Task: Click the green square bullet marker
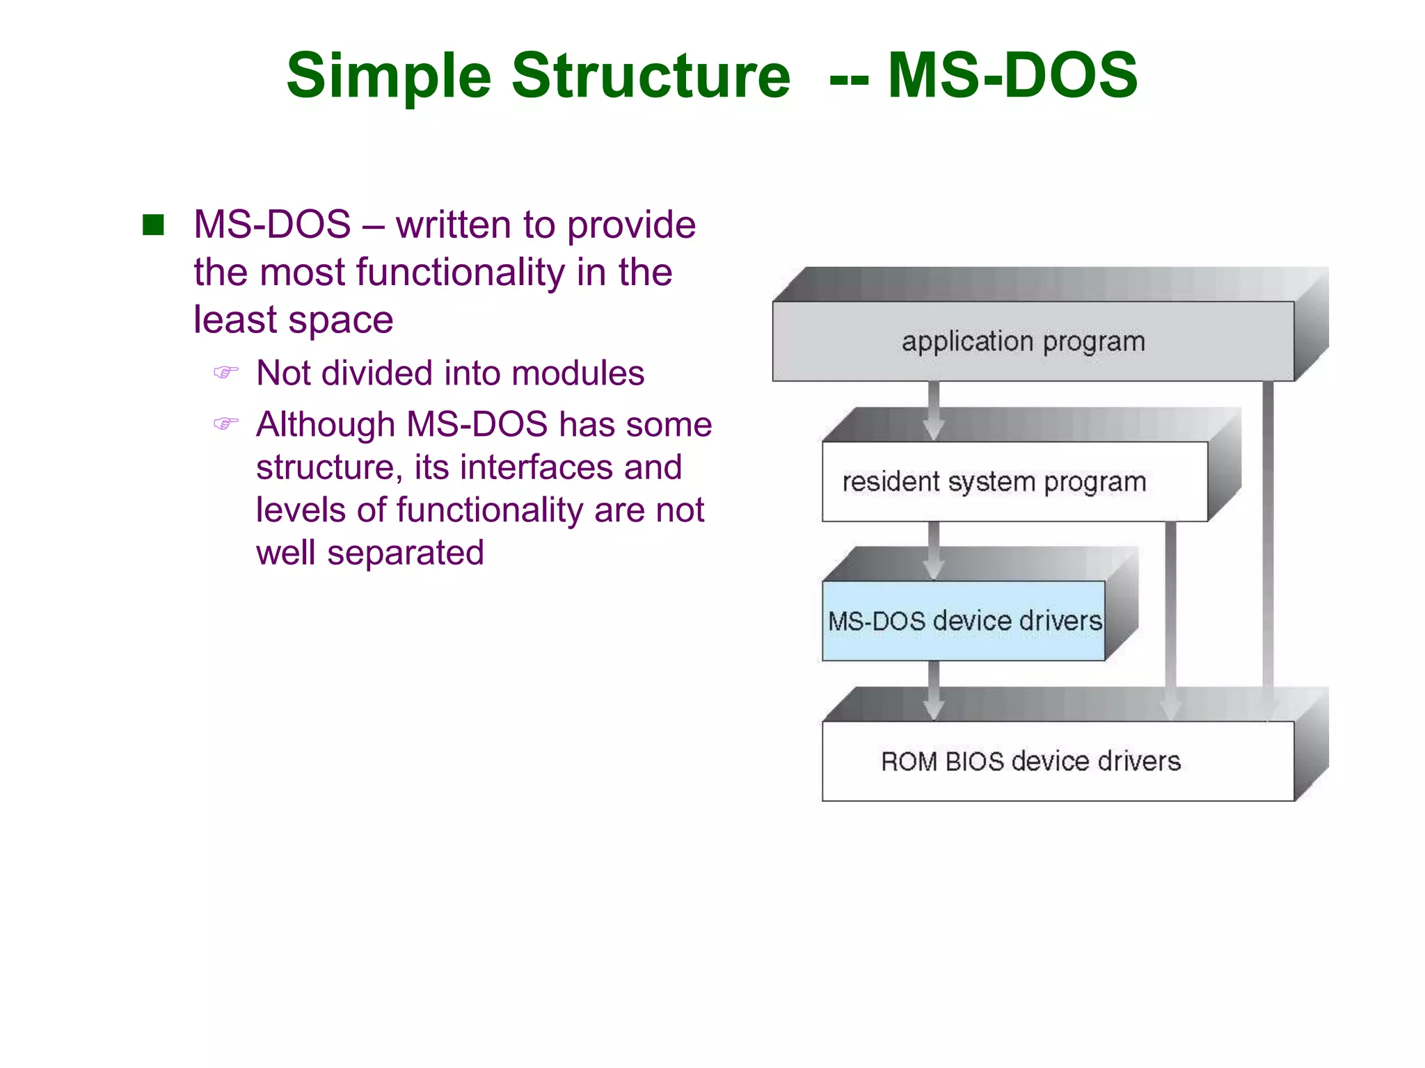(153, 225)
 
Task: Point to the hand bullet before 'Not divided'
(225, 373)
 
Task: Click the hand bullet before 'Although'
(225, 423)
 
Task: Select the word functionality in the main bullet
(461, 272)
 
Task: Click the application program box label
(1023, 341)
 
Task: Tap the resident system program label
(994, 482)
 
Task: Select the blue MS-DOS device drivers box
(964, 621)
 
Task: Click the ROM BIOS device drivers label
(1030, 761)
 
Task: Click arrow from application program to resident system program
(934, 410)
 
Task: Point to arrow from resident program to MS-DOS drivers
(934, 549)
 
